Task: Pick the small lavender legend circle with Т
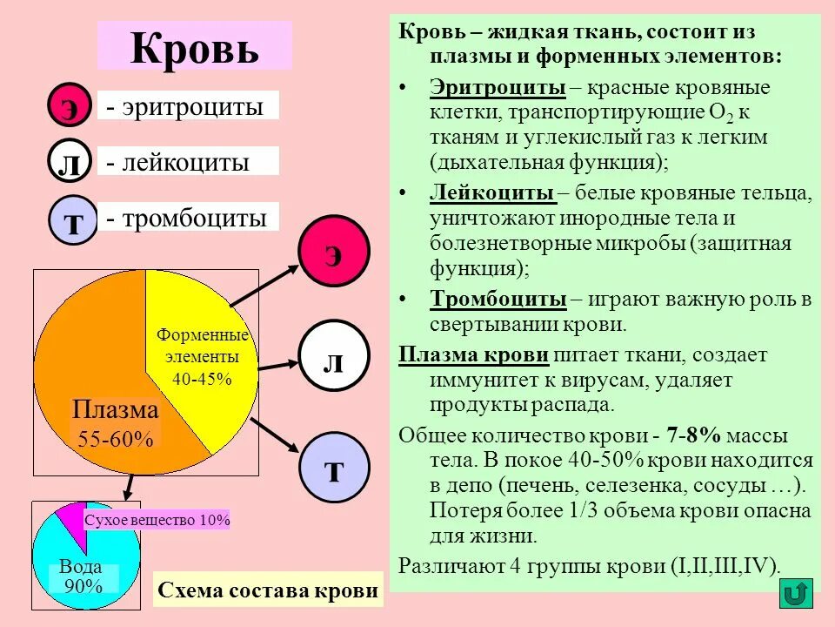73,219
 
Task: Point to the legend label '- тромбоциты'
187,218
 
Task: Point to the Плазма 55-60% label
115,424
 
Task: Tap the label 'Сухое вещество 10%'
157,520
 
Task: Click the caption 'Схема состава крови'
268,590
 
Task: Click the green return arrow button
794,593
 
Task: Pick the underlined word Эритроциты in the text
498,88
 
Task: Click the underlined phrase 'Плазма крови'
473,354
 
